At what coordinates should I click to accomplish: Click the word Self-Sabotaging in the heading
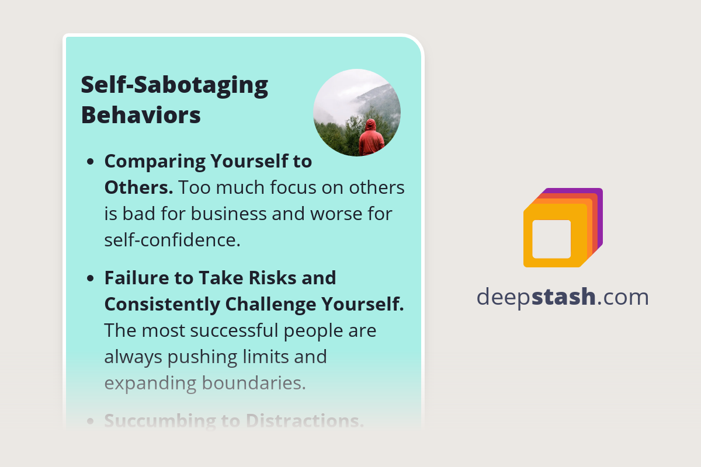(174, 85)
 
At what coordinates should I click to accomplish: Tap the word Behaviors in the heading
(141, 115)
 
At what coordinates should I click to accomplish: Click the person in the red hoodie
(371, 140)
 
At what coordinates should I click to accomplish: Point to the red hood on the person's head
(370, 124)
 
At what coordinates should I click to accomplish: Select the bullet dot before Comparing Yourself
(91, 162)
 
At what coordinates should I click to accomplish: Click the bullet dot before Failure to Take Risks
(91, 278)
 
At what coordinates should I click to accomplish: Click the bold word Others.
(138, 187)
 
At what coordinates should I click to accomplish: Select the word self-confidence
(172, 240)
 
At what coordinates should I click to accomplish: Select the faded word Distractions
(305, 421)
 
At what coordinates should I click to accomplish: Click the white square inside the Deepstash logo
(551, 239)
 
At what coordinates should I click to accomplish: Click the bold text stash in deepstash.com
(565, 297)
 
